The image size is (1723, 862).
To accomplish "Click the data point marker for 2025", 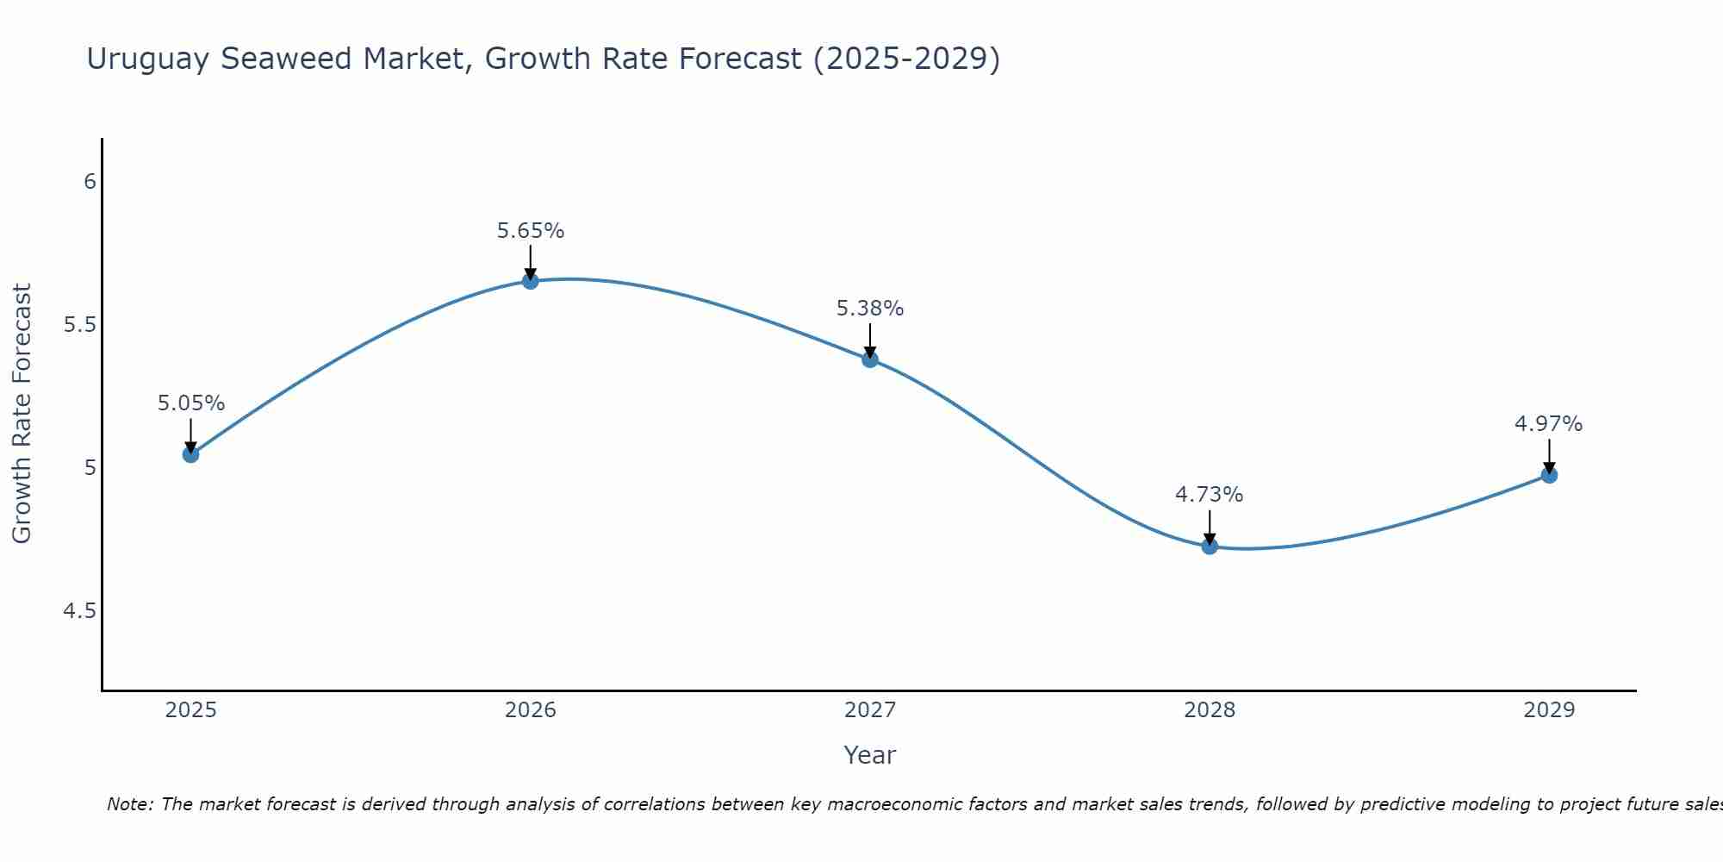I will (191, 454).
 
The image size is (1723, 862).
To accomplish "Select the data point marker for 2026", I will (531, 281).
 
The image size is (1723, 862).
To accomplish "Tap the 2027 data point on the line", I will (870, 359).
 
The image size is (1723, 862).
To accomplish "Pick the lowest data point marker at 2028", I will (1210, 546).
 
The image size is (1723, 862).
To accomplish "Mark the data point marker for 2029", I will (1549, 475).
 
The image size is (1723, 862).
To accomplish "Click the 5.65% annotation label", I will (531, 231).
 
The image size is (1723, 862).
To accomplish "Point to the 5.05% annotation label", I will (191, 403).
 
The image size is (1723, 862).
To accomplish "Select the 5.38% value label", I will (870, 309).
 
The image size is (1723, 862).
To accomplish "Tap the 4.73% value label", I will (1210, 495).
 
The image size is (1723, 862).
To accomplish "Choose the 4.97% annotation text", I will (1549, 424).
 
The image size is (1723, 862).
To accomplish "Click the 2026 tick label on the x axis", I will (531, 710).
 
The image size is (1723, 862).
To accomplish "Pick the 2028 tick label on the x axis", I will (1210, 710).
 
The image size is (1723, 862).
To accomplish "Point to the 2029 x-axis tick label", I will (1549, 710).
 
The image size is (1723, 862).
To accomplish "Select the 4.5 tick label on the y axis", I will (79, 611).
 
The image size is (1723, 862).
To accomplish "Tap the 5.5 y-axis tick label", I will (79, 325).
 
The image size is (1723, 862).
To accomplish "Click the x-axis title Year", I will (870, 755).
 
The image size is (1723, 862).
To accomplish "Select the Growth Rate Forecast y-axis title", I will (22, 414).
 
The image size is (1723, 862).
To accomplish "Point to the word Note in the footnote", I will (129, 804).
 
